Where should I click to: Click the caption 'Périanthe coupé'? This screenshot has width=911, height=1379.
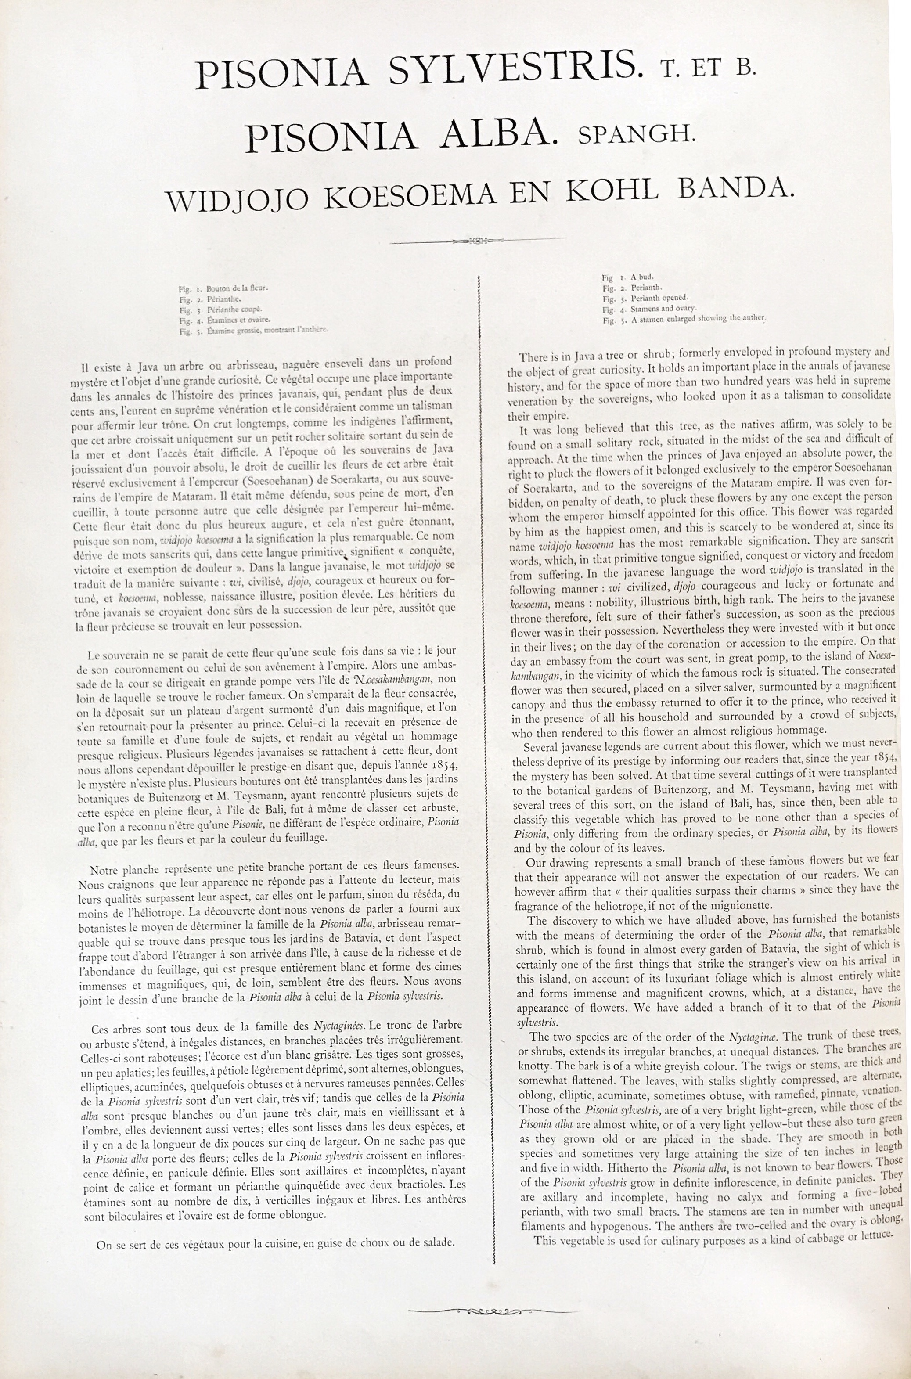[x=234, y=309]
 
